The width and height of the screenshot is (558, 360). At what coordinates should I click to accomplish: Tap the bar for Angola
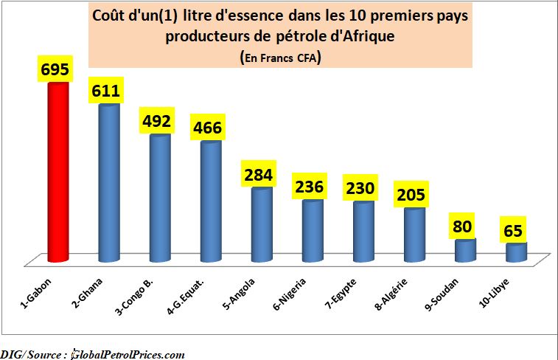pos(262,224)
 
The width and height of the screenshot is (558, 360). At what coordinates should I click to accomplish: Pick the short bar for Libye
pos(516,252)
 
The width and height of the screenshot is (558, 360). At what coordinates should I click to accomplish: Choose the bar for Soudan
pos(465,250)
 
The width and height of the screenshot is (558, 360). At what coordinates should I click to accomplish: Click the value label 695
pos(55,71)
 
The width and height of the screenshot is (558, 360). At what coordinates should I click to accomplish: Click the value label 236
pos(309,187)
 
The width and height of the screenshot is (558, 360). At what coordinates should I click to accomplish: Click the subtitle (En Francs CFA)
pos(280,58)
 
